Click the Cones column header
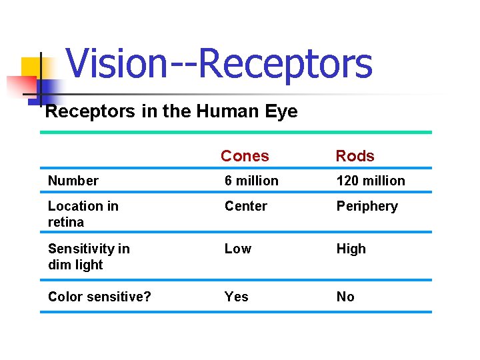coord(245,156)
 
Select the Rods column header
coord(355,156)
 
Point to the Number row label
coord(73,181)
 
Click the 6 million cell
coord(251,181)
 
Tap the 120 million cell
coord(371,181)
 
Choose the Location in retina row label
coord(83,213)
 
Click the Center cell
coord(245,206)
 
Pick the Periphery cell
coord(367,207)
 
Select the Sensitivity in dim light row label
coord(89,256)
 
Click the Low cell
coord(237,249)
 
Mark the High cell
coord(351,249)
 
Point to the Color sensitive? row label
coord(99,297)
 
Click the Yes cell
coord(236,297)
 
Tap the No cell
coord(345,297)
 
